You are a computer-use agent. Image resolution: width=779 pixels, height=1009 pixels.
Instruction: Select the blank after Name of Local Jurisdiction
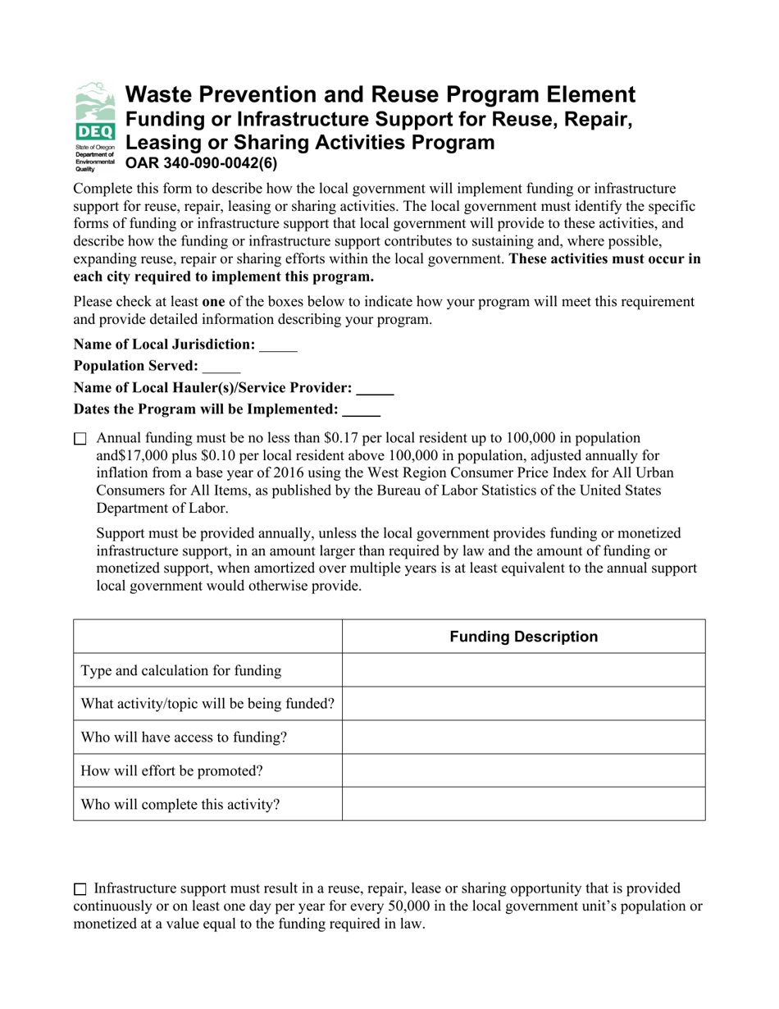pos(278,345)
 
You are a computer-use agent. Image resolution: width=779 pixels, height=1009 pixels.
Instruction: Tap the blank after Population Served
pos(221,367)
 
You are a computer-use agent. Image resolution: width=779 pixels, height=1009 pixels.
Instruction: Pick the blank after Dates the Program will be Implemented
pos(361,409)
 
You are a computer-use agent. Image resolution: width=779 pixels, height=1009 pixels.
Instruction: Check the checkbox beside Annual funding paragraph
pos(80,440)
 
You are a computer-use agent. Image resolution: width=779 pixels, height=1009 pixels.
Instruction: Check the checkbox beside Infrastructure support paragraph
pos(80,889)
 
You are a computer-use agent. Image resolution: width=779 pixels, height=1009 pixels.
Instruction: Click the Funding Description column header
pos(523,637)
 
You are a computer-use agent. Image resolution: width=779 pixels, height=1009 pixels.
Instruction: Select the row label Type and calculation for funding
pos(180,671)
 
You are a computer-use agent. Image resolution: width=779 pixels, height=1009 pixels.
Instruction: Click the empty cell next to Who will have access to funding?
pos(523,737)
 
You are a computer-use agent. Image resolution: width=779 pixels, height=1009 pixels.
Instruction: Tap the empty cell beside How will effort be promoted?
pos(523,771)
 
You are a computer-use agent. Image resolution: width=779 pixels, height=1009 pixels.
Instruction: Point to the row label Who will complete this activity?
pos(180,805)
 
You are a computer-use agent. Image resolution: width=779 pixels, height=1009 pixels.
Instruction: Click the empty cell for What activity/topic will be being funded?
pos(523,704)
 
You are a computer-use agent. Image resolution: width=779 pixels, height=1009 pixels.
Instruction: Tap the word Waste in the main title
pos(156,95)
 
